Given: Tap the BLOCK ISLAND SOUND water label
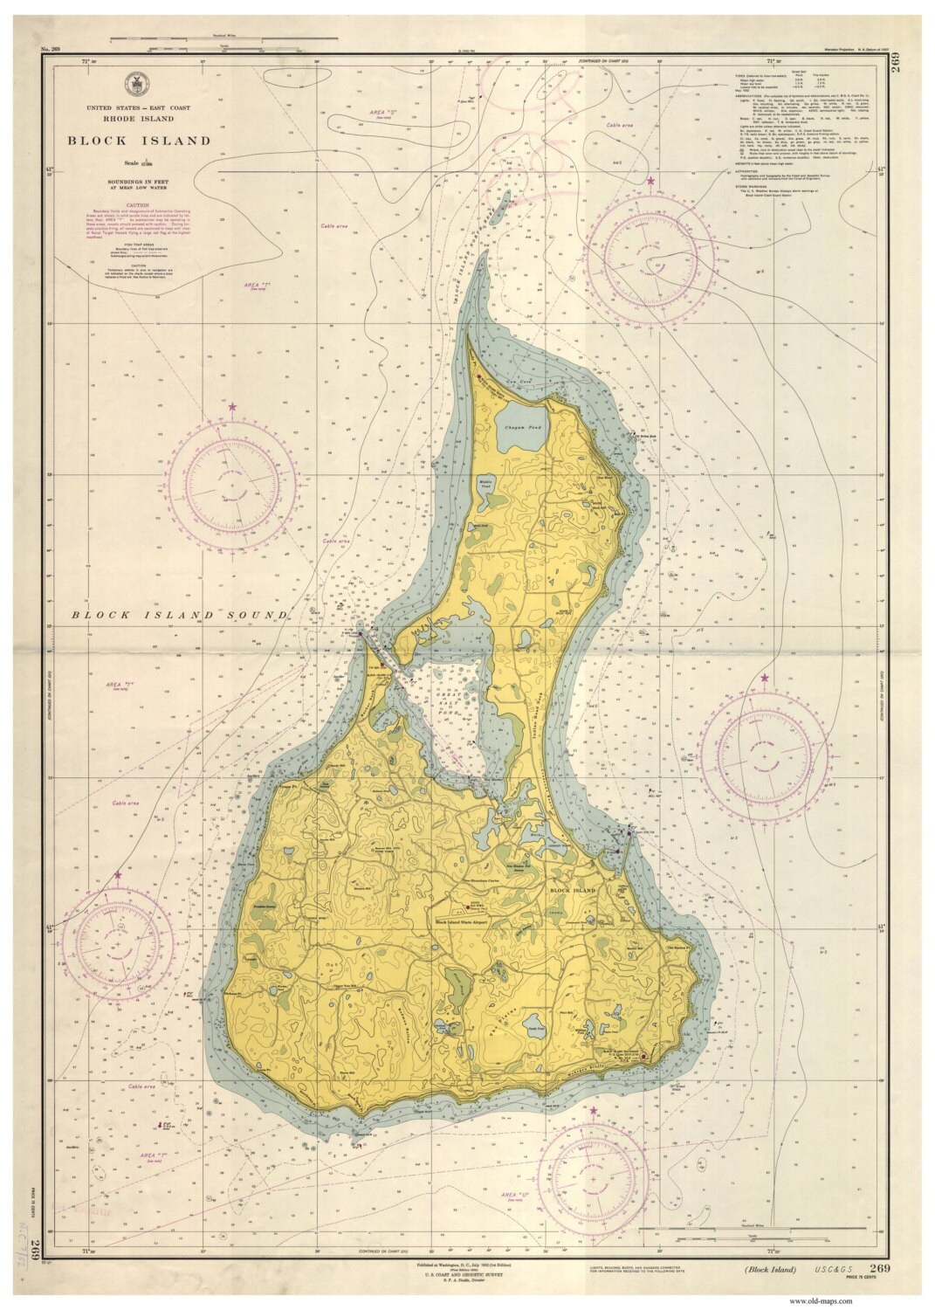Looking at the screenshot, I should pyautogui.click(x=180, y=615).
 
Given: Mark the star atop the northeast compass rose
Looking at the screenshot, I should pyautogui.click(x=650, y=181).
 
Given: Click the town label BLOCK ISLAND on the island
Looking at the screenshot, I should pyautogui.click(x=572, y=890).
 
